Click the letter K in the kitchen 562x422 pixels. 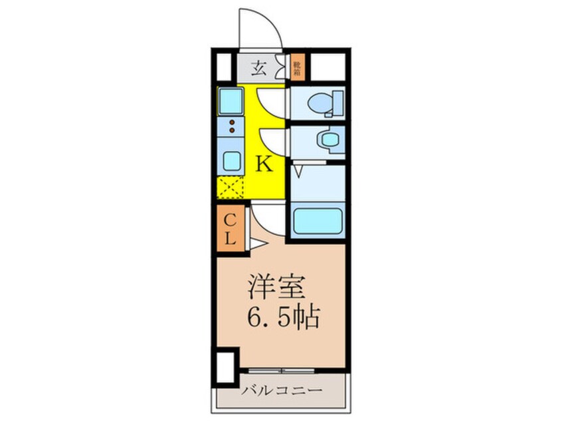pyautogui.click(x=264, y=164)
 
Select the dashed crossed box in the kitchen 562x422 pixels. pyautogui.click(x=230, y=188)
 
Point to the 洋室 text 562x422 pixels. pyautogui.click(x=276, y=288)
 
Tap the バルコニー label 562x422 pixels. pyautogui.click(x=281, y=389)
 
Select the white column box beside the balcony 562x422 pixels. pyautogui.click(x=225, y=365)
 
